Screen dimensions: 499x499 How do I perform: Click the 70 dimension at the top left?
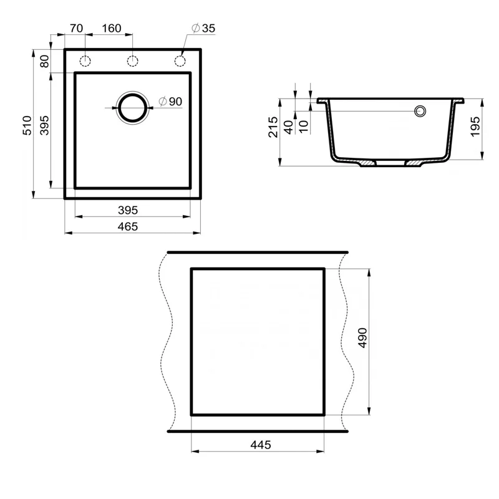(x=77, y=29)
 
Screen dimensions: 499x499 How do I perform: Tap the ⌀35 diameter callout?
(x=203, y=29)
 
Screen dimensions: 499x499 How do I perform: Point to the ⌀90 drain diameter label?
(x=171, y=101)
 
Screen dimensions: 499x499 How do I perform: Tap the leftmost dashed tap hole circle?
(x=86, y=61)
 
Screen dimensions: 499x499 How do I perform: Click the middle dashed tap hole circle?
(x=133, y=61)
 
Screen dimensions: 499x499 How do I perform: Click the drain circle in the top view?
(x=133, y=108)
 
